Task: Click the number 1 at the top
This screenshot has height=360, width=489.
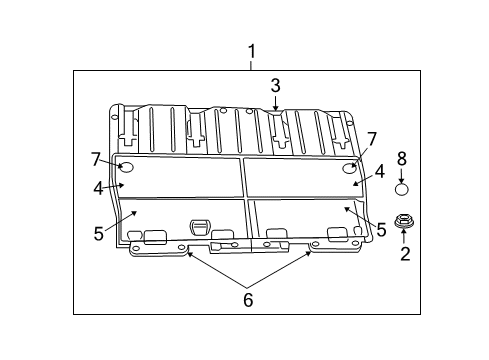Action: point(252,51)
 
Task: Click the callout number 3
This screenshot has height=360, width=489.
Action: point(275,86)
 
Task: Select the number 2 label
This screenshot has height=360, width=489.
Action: point(405,255)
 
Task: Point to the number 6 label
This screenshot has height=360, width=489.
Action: point(249,299)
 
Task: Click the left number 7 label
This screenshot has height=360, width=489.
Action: point(96,159)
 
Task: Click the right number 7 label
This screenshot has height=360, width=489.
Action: point(371,138)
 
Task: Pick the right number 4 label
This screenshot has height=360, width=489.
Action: point(382,172)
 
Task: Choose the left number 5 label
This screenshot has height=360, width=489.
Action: point(99,234)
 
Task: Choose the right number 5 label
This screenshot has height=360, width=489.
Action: point(380,229)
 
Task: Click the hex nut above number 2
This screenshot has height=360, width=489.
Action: point(404,222)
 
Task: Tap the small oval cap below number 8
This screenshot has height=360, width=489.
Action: point(401,188)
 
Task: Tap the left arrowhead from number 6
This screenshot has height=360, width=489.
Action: point(189,254)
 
